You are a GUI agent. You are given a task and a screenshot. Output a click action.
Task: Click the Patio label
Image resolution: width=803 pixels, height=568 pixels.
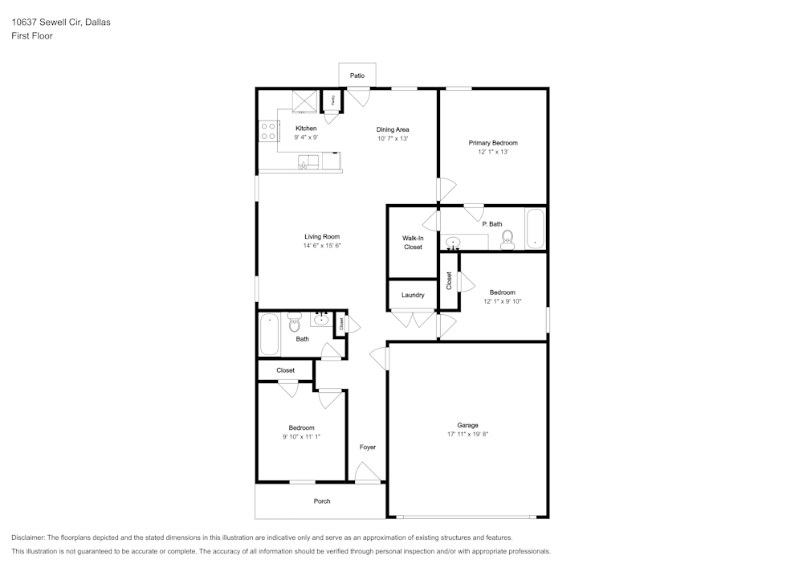[x=357, y=76]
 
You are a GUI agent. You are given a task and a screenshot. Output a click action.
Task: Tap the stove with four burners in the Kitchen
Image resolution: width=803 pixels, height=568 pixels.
[x=268, y=131]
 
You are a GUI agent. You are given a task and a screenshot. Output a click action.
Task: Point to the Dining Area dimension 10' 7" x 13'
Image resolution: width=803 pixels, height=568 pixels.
[x=393, y=138]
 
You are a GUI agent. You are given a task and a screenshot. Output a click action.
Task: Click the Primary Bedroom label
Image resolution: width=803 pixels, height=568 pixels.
[x=493, y=142]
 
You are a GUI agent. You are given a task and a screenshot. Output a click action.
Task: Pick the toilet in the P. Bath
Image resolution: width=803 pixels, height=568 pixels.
[x=507, y=239]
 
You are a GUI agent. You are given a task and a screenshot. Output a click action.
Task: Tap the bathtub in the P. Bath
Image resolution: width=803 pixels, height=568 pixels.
[x=536, y=229]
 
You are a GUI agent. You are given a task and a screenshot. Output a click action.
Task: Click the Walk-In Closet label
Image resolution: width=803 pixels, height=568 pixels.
[x=413, y=243]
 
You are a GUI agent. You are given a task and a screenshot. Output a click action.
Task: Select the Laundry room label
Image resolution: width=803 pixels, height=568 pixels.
[x=413, y=295]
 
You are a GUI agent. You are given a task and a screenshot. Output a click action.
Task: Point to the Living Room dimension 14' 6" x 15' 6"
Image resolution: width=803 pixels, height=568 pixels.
[x=322, y=246]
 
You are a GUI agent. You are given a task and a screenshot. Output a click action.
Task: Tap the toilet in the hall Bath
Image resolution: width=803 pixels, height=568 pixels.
[x=294, y=323]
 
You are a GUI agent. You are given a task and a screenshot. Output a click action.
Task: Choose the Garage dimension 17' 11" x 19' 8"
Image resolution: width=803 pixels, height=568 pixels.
[x=468, y=434]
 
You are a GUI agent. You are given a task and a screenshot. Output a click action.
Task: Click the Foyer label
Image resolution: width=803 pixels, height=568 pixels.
[x=368, y=447]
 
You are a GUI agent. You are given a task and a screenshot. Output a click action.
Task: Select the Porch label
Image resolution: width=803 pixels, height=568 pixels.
[x=322, y=501]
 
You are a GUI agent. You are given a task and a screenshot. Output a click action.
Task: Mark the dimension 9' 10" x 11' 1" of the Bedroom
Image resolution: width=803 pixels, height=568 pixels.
[x=302, y=436]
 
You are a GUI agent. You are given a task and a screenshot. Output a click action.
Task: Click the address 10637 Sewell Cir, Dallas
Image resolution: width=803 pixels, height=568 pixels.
[x=61, y=22]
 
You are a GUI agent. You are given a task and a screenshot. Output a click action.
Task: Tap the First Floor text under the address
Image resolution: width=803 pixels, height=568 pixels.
[x=32, y=36]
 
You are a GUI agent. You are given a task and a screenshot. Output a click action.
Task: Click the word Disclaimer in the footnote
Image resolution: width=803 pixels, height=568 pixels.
[x=28, y=537]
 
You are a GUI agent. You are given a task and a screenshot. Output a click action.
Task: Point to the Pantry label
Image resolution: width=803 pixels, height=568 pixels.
[x=333, y=100]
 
